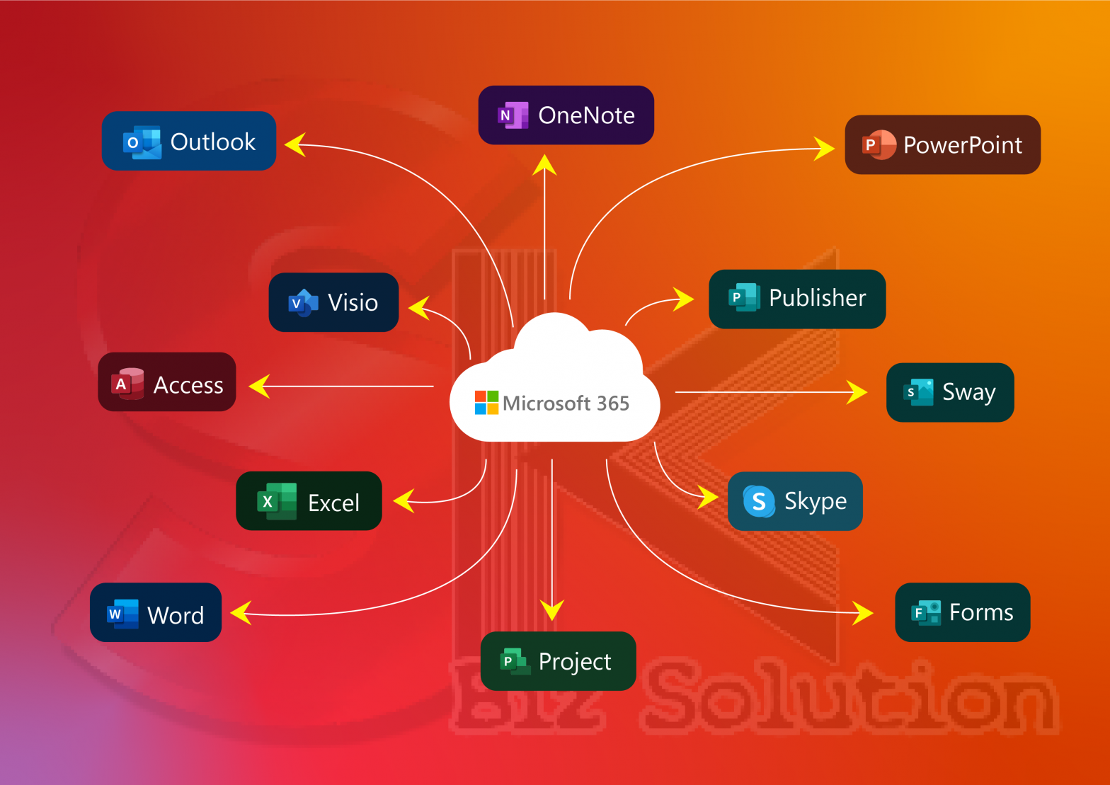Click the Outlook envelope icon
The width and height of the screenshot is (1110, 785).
[142, 142]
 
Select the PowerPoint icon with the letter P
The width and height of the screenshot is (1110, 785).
[879, 145]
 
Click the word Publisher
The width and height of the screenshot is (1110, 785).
[817, 298]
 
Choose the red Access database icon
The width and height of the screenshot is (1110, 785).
[127, 384]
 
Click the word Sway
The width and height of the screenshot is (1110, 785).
[968, 392]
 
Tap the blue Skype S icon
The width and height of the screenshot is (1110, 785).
[759, 501]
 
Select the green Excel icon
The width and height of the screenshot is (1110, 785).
[276, 501]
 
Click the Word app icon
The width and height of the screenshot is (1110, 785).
[122, 614]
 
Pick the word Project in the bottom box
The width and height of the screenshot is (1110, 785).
[574, 662]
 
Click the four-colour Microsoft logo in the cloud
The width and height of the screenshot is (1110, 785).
[486, 403]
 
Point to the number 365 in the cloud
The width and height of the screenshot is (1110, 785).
[612, 403]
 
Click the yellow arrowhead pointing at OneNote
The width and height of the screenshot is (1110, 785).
[544, 165]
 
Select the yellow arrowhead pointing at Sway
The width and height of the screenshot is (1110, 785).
[857, 391]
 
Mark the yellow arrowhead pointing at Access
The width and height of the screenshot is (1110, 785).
[259, 386]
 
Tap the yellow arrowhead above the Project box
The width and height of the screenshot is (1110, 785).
[551, 609]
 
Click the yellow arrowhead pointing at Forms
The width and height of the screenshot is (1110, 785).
[863, 612]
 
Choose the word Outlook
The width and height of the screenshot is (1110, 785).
[212, 142]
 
